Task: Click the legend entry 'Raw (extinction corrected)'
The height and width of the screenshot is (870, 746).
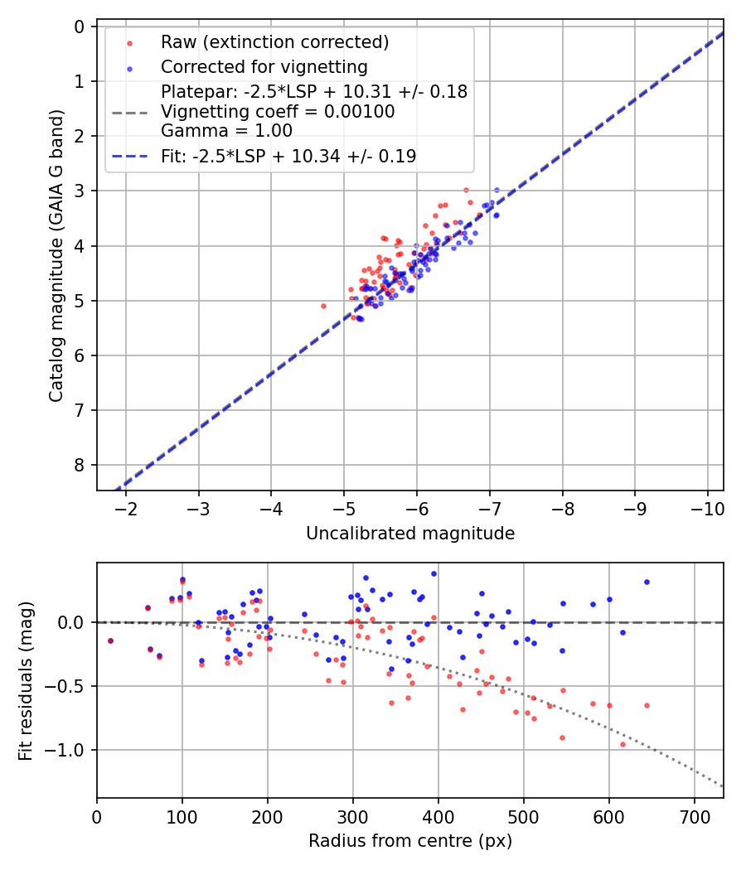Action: (x=274, y=42)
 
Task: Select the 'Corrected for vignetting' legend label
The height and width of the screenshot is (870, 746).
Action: (x=264, y=66)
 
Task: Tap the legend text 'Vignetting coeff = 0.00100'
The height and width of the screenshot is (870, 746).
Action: (x=278, y=111)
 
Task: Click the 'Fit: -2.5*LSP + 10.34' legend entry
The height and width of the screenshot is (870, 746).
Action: (x=288, y=156)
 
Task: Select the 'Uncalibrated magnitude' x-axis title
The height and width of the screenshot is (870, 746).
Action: (x=410, y=534)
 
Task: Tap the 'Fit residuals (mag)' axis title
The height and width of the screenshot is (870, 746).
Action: (x=26, y=680)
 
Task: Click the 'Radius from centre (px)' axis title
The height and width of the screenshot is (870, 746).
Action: (x=410, y=841)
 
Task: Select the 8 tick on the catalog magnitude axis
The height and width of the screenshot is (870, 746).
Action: (x=80, y=465)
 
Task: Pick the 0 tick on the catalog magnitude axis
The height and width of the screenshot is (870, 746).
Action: (x=80, y=27)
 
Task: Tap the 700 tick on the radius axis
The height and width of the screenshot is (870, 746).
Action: (x=694, y=815)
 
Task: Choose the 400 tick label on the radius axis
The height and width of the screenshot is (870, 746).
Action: (x=438, y=815)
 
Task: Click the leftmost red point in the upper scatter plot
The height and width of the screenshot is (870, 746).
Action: (x=323, y=306)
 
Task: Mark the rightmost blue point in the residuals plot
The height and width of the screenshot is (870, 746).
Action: (x=647, y=582)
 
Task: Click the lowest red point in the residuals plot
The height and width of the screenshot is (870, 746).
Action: (x=622, y=744)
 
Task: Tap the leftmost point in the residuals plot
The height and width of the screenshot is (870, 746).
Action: (x=110, y=640)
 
